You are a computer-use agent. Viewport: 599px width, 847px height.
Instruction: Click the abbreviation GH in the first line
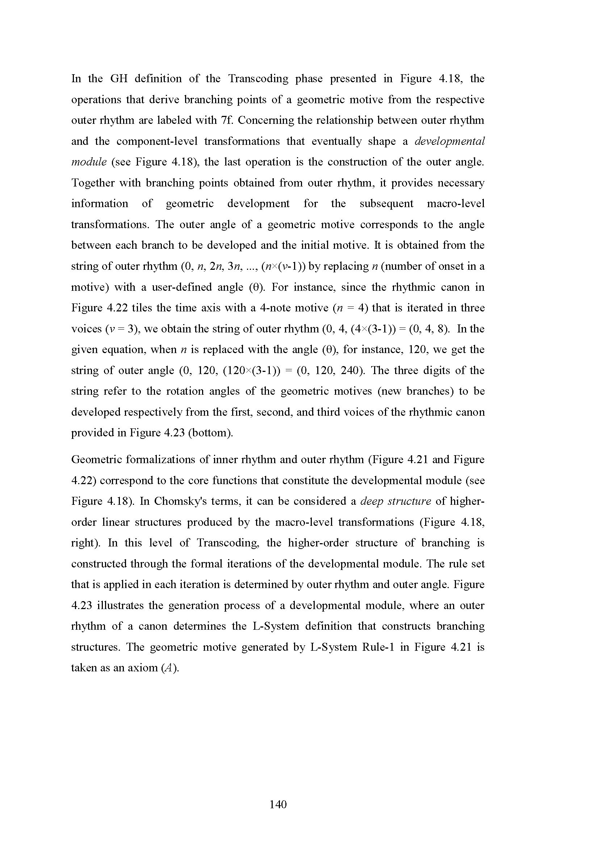tap(119, 79)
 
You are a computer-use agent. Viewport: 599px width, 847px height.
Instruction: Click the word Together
tap(93, 183)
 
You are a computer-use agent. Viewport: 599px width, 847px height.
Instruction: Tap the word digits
tap(436, 370)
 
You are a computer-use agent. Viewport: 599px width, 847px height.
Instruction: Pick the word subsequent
tap(386, 204)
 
